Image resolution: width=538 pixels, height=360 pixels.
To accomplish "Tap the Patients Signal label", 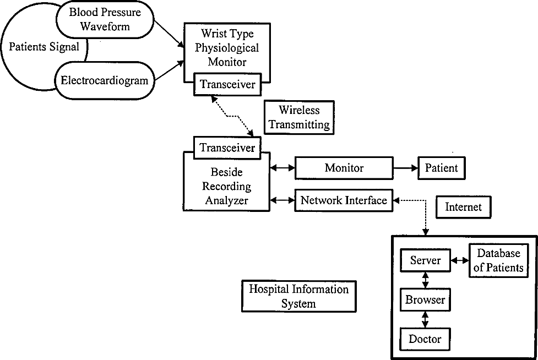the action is (44, 47).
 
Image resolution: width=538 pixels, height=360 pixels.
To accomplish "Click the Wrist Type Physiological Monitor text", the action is (227, 48).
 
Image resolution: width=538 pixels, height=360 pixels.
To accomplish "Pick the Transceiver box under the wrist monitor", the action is (227, 84).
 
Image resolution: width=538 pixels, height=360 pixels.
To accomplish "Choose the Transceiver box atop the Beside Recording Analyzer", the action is (227, 148).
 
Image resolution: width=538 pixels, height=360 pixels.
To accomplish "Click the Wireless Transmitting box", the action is (299, 117).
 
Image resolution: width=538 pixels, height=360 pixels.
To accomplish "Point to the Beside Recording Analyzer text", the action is (226, 186).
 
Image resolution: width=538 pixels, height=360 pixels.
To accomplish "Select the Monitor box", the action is (344, 168).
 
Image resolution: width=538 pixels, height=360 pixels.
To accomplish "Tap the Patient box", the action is (442, 168).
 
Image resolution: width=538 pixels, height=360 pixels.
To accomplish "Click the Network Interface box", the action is (344, 200).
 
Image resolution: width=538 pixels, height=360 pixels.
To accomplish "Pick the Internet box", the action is (464, 207).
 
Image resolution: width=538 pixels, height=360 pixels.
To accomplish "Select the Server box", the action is (426, 260).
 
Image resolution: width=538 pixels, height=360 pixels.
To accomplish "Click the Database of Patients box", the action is (498, 260).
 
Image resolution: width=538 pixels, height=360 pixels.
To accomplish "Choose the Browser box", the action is (426, 300).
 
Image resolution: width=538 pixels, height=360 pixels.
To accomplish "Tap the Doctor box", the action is (425, 340).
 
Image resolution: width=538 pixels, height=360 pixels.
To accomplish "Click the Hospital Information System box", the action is (299, 296).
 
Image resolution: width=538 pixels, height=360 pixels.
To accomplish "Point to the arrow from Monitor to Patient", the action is (405, 168).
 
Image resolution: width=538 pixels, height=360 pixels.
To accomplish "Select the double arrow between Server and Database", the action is (460, 260).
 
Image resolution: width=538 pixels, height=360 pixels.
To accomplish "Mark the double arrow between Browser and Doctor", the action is (425, 320).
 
